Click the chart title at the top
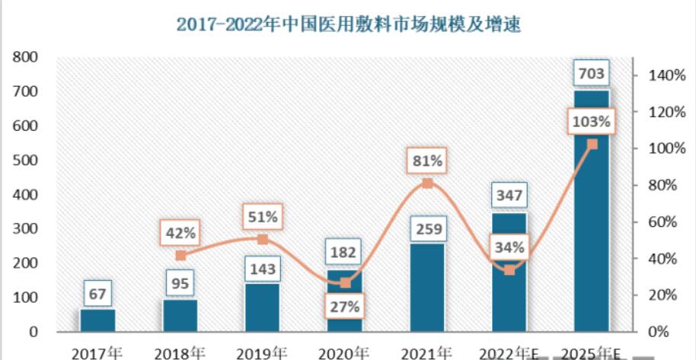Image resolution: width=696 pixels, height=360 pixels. pyautogui.click(x=348, y=24)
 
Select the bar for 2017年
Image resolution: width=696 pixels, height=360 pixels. pyautogui.click(x=97, y=320)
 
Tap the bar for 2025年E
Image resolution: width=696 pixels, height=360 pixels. pyautogui.click(x=592, y=228)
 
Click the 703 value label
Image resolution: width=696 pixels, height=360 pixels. pyautogui.click(x=592, y=74)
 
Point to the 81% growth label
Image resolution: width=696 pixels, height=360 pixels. pyautogui.click(x=427, y=161)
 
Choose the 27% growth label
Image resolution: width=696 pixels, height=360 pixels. pyautogui.click(x=345, y=307)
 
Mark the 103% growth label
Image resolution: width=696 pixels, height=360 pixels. pyautogui.click(x=592, y=121)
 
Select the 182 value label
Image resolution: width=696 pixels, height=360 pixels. pyautogui.click(x=345, y=252)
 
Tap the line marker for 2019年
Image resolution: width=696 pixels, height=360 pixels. pyautogui.click(x=263, y=239)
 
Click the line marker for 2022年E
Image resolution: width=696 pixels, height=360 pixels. pyautogui.click(x=509, y=270)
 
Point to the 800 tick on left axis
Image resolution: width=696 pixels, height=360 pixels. pyautogui.click(x=28, y=56)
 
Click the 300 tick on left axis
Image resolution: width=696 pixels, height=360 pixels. pyautogui.click(x=28, y=228)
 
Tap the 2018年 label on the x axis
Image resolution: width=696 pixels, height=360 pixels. pyautogui.click(x=180, y=352)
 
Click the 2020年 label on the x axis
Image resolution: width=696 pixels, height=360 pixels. pyautogui.click(x=344, y=352)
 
